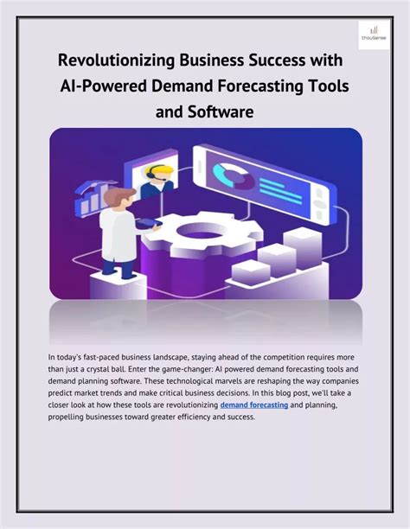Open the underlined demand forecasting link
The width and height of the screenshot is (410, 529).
tap(254, 404)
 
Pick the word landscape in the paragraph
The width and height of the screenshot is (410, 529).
tap(170, 355)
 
